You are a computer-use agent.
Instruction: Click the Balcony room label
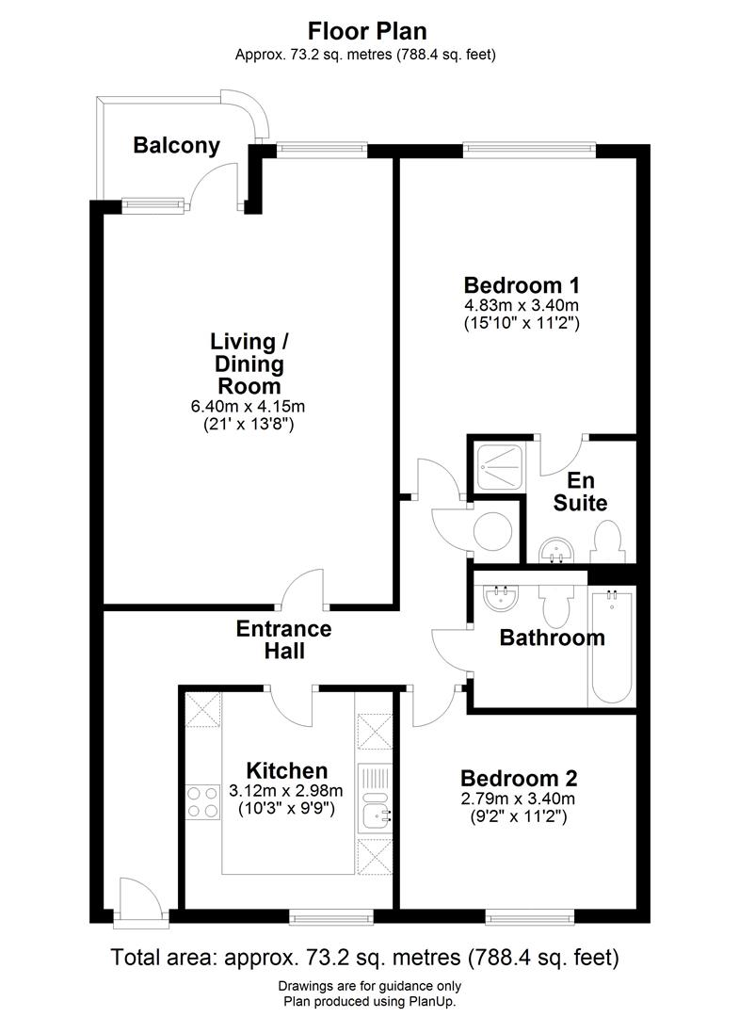pos(176,145)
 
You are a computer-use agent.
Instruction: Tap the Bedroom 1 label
pos(521,284)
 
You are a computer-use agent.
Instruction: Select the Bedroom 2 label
pos(518,779)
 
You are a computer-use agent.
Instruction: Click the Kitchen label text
pos(286,770)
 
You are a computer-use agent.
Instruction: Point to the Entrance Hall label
pos(283,638)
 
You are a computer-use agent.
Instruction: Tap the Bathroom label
pos(552,638)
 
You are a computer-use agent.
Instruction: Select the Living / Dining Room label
pos(249,363)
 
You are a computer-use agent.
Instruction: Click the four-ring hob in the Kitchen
pos(202,801)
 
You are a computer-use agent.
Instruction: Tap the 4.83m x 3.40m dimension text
pos(521,305)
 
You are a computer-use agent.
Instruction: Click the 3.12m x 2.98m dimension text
pos(286,790)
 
